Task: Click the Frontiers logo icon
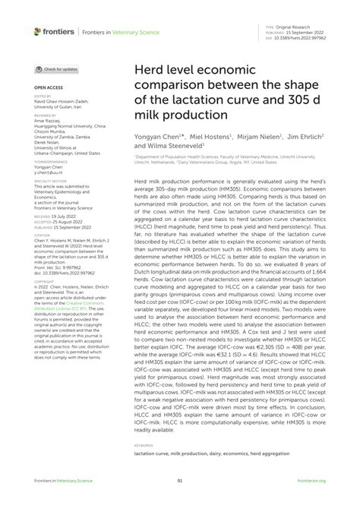36,32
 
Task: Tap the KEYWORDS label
145,444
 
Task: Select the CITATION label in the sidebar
42,236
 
